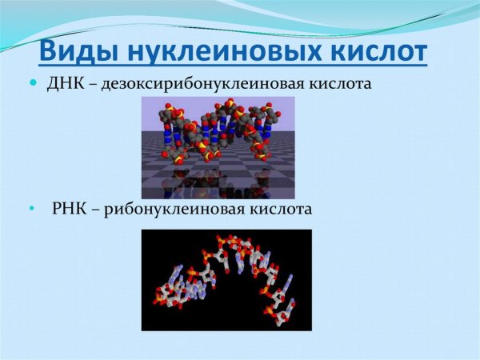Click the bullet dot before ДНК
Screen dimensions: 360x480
pos(34,83)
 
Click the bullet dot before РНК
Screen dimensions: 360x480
pos(34,210)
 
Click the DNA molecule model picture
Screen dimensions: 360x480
pos(218,136)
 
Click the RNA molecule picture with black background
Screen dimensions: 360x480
pos(226,280)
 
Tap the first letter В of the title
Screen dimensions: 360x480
pos(50,51)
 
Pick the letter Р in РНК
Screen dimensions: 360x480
pos(57,210)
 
